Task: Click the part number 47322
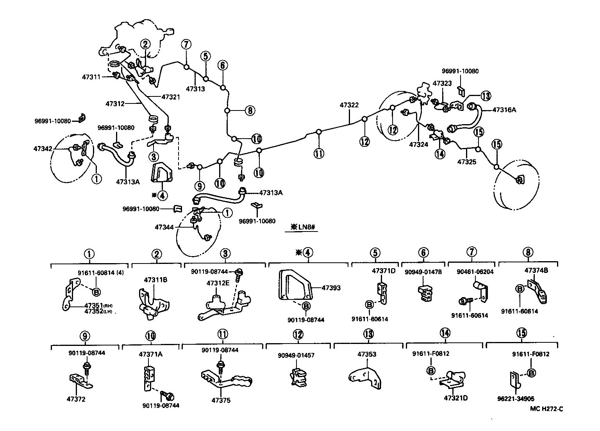349,105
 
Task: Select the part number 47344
164,227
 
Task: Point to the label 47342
43,149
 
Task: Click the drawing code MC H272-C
546,409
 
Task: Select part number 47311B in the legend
155,280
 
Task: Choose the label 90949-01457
296,355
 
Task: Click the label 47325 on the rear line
467,161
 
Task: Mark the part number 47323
442,84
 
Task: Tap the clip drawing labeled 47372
80,381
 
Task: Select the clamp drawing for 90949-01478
425,292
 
